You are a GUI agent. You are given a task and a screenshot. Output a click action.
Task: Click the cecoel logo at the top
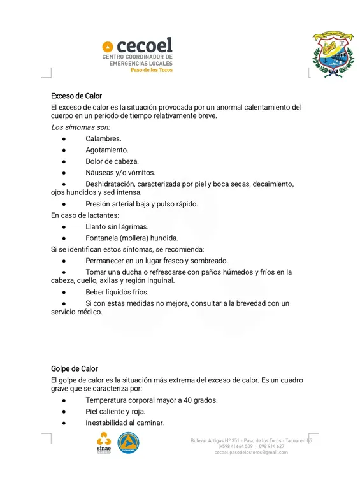pyautogui.click(x=137, y=54)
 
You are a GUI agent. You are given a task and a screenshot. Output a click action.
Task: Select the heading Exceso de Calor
pyautogui.click(x=76, y=96)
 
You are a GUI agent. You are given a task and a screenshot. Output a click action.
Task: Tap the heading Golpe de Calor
pyautogui.click(x=75, y=369)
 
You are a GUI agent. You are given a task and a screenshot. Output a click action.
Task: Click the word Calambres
pyautogui.click(x=103, y=138)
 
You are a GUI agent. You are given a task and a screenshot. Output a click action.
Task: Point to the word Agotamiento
pyautogui.click(x=107, y=150)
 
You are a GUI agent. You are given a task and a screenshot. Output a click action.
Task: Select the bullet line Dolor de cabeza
pyautogui.click(x=112, y=161)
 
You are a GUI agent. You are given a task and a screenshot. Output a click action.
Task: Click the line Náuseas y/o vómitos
pyautogui.click(x=120, y=173)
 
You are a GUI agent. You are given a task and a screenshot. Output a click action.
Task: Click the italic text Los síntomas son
pyautogui.click(x=80, y=127)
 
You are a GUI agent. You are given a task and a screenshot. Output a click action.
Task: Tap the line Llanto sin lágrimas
pyautogui.click(x=117, y=227)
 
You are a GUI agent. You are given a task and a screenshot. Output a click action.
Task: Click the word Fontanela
pyautogui.click(x=101, y=238)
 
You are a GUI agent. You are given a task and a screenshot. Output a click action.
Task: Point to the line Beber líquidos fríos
pyautogui.click(x=117, y=292)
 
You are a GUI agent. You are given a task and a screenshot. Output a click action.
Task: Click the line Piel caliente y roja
pyautogui.click(x=115, y=412)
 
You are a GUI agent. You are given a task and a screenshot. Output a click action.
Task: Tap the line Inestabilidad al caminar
pyautogui.click(x=125, y=423)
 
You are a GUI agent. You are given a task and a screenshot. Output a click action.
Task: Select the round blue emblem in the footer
pyautogui.click(x=129, y=442)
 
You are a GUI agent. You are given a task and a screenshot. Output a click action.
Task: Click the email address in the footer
pyautogui.click(x=251, y=453)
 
